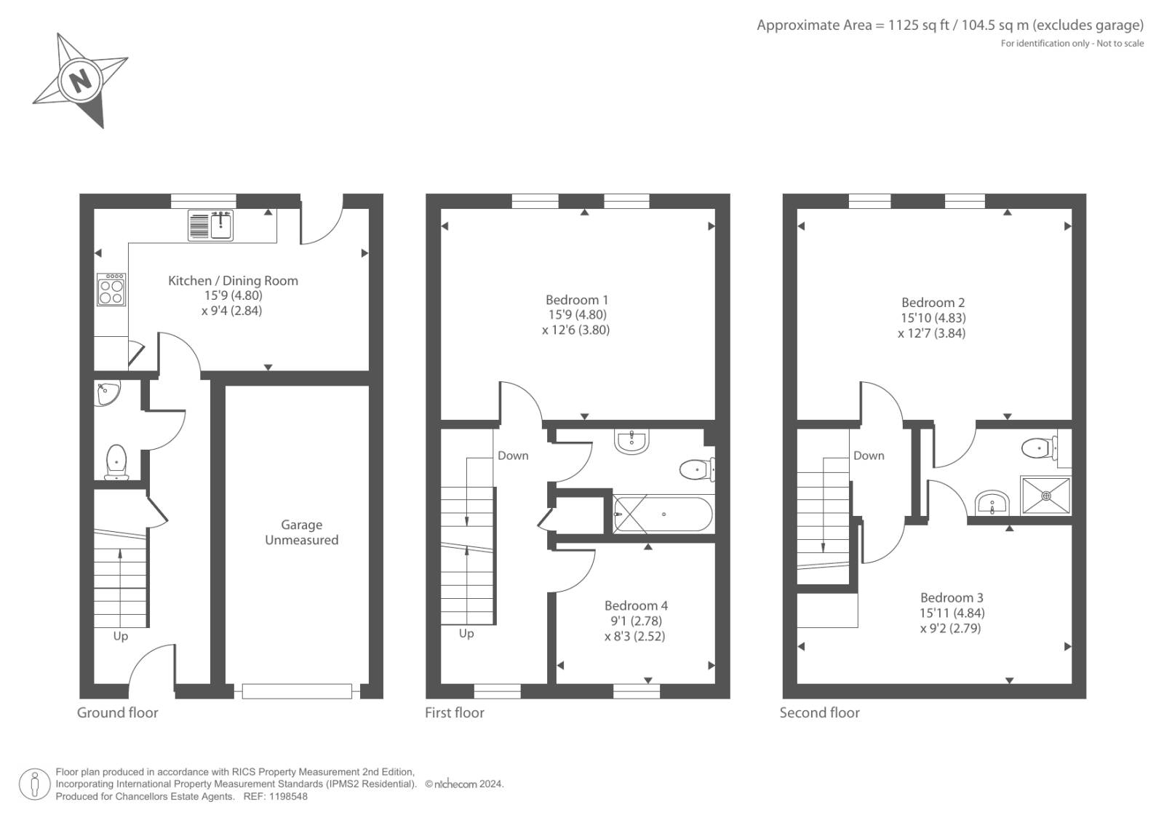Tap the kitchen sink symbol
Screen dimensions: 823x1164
point(211,225)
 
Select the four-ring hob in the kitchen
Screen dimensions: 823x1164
point(111,289)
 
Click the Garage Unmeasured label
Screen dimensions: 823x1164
point(301,532)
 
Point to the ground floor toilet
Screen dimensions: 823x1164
point(116,462)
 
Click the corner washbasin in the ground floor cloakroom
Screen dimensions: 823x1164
point(106,394)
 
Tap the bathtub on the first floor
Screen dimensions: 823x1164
point(663,514)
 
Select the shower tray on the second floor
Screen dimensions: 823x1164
point(1046,496)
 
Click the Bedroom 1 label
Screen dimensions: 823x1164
point(577,300)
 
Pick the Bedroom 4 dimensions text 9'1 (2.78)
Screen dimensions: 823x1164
point(636,621)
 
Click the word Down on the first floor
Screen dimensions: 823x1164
point(513,456)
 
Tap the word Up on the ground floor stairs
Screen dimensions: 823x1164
point(120,636)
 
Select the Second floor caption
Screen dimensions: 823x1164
point(819,713)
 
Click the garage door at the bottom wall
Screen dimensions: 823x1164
point(297,691)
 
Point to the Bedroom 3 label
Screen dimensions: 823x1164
point(952,597)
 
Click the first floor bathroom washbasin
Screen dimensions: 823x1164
point(631,441)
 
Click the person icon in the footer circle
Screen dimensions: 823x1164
point(35,784)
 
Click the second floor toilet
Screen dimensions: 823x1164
point(1037,448)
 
